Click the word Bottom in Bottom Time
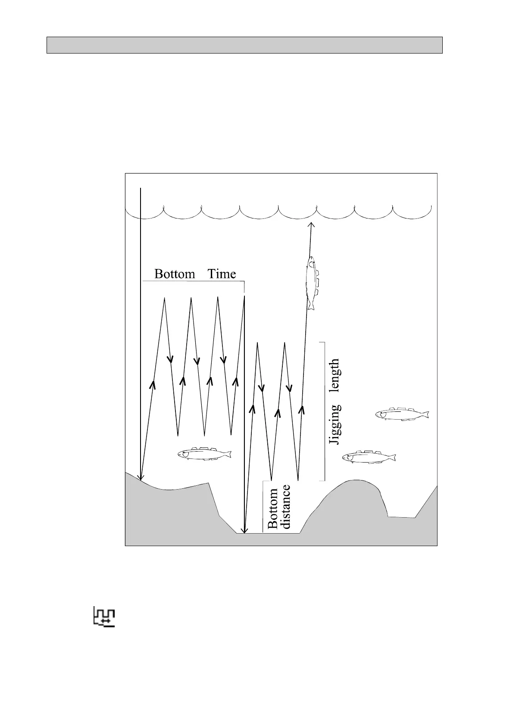174,274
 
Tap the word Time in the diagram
222,274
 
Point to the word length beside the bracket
335,376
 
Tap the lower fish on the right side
369,457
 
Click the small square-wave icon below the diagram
105,616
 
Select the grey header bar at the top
244,45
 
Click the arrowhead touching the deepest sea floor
244,531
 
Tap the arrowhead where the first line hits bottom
141,477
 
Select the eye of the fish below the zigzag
184,454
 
